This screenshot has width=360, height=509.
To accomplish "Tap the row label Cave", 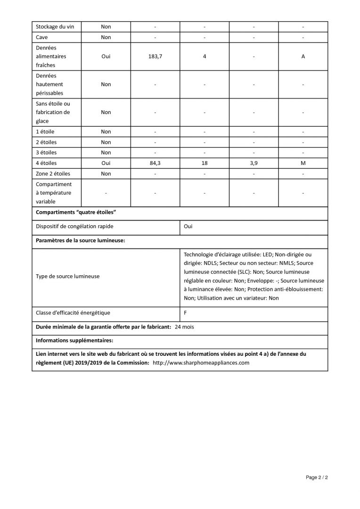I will pyautogui.click(x=42, y=37).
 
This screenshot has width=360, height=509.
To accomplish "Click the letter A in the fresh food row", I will pyautogui.click(x=303, y=56).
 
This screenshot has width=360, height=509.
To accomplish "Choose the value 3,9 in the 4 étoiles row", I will pyautogui.click(x=254, y=163).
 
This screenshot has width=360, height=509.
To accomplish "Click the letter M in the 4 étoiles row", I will pyautogui.click(x=303, y=163).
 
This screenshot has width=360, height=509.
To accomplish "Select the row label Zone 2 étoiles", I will pyautogui.click(x=53, y=173).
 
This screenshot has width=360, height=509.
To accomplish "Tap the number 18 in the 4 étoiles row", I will pyautogui.click(x=204, y=163).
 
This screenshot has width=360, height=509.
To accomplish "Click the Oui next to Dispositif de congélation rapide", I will pyautogui.click(x=188, y=226).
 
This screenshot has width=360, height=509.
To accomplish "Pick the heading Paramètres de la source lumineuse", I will pyautogui.click(x=81, y=240).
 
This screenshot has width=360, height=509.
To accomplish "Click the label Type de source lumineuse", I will pyautogui.click(x=68, y=276).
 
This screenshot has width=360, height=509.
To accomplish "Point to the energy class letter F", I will pyautogui.click(x=186, y=312).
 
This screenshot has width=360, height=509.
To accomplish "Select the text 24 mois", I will pyautogui.click(x=184, y=327).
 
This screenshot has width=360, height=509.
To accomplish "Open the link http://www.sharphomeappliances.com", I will pyautogui.click(x=201, y=363).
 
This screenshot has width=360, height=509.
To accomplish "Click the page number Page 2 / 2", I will pyautogui.click(x=317, y=477).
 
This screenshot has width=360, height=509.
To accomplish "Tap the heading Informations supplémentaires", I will pyautogui.click(x=74, y=340).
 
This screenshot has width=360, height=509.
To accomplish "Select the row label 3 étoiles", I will pyautogui.click(x=47, y=153).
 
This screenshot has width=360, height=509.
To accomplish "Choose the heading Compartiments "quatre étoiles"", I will pyautogui.click(x=76, y=212).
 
